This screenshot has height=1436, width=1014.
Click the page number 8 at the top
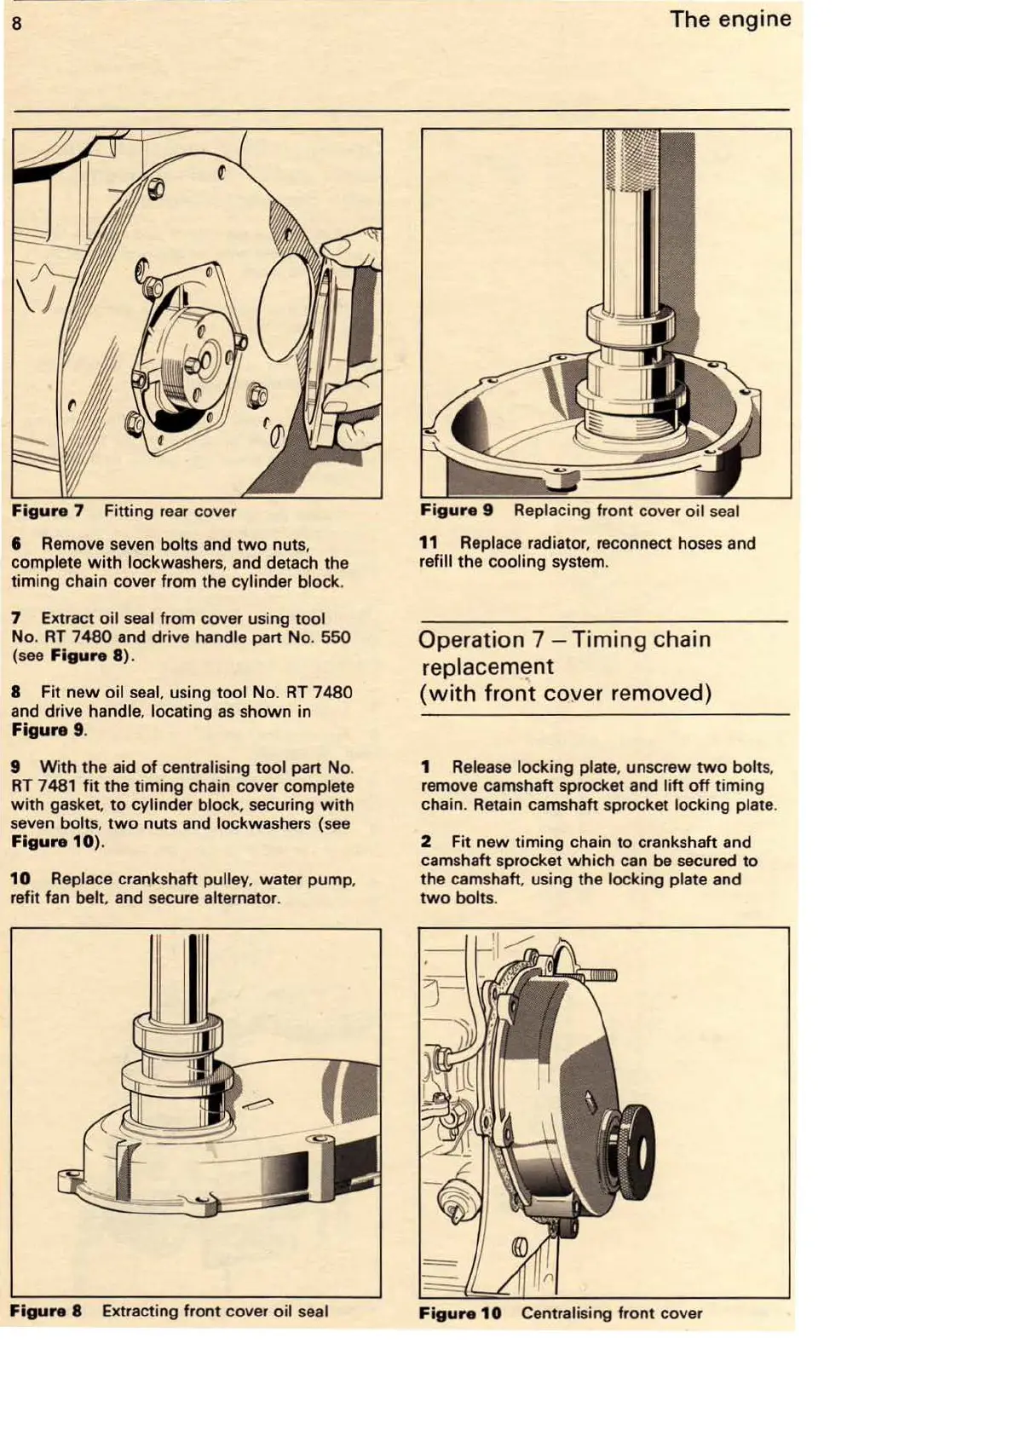16,22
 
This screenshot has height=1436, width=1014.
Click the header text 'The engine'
729,19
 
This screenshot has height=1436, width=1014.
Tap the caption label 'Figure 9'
457,510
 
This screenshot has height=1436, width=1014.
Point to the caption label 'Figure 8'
46,1311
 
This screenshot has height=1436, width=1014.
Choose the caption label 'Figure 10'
460,1312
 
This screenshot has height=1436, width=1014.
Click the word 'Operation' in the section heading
472,639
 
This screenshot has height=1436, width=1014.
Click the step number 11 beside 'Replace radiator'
428,543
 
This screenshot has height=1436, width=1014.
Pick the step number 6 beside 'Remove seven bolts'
16,544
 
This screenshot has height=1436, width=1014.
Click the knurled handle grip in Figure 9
631,161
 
